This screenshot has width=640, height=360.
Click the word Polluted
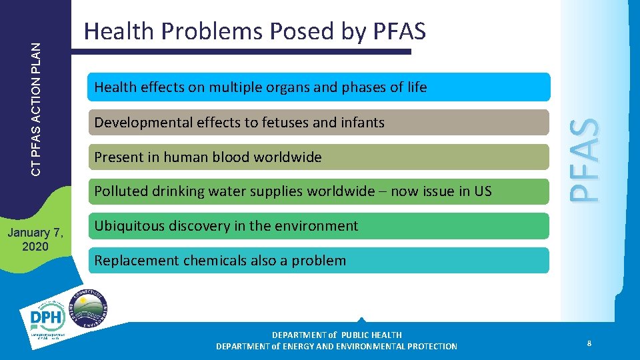tap(120, 191)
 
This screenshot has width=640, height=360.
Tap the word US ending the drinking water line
tap(483, 191)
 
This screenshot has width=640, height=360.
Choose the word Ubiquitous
tap(128, 226)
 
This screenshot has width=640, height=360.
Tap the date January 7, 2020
tap(35, 239)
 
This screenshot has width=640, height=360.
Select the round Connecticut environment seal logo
tap(89, 308)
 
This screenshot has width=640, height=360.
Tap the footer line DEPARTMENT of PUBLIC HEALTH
tap(337, 335)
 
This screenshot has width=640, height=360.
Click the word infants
tap(363, 123)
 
